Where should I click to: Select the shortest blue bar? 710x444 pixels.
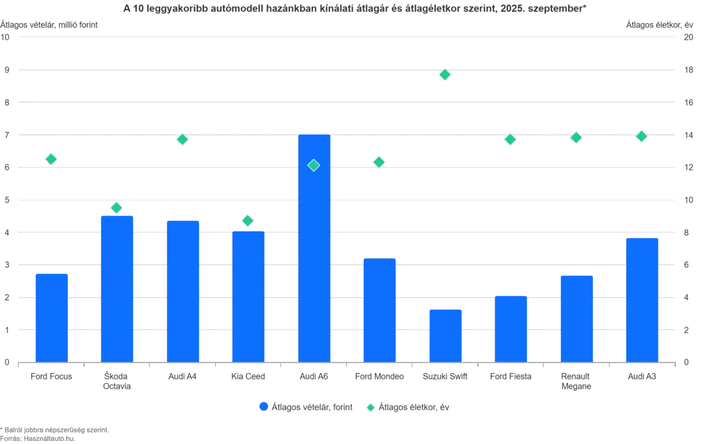445,334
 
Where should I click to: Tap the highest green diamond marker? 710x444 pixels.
445,75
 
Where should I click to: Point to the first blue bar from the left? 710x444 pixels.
52,316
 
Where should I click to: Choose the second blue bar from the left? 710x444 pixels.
117,288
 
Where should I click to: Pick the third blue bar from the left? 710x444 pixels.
183,290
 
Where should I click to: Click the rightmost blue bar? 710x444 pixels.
642,299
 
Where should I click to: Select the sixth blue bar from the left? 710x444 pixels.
379,308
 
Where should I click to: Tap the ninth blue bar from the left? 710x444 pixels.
576,318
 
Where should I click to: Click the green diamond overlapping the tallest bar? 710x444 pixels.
314,165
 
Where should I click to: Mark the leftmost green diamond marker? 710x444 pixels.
51,159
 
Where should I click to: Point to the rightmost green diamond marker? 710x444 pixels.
641,136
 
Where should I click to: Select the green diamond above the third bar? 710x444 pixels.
182,140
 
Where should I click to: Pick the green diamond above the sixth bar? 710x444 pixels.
379,162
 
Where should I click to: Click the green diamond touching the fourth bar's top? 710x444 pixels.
248,220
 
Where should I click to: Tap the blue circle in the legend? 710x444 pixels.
263,407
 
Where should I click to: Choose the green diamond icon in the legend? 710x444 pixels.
371,407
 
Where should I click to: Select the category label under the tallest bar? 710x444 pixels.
314,377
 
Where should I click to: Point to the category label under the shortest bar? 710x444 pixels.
445,377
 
